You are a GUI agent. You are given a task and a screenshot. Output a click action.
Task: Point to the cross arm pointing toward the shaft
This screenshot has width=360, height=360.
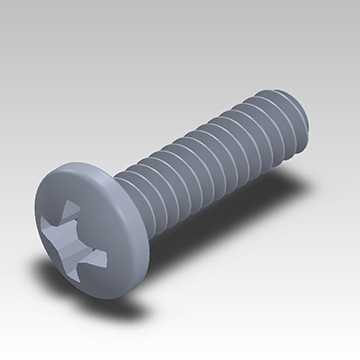tap(103, 228)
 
